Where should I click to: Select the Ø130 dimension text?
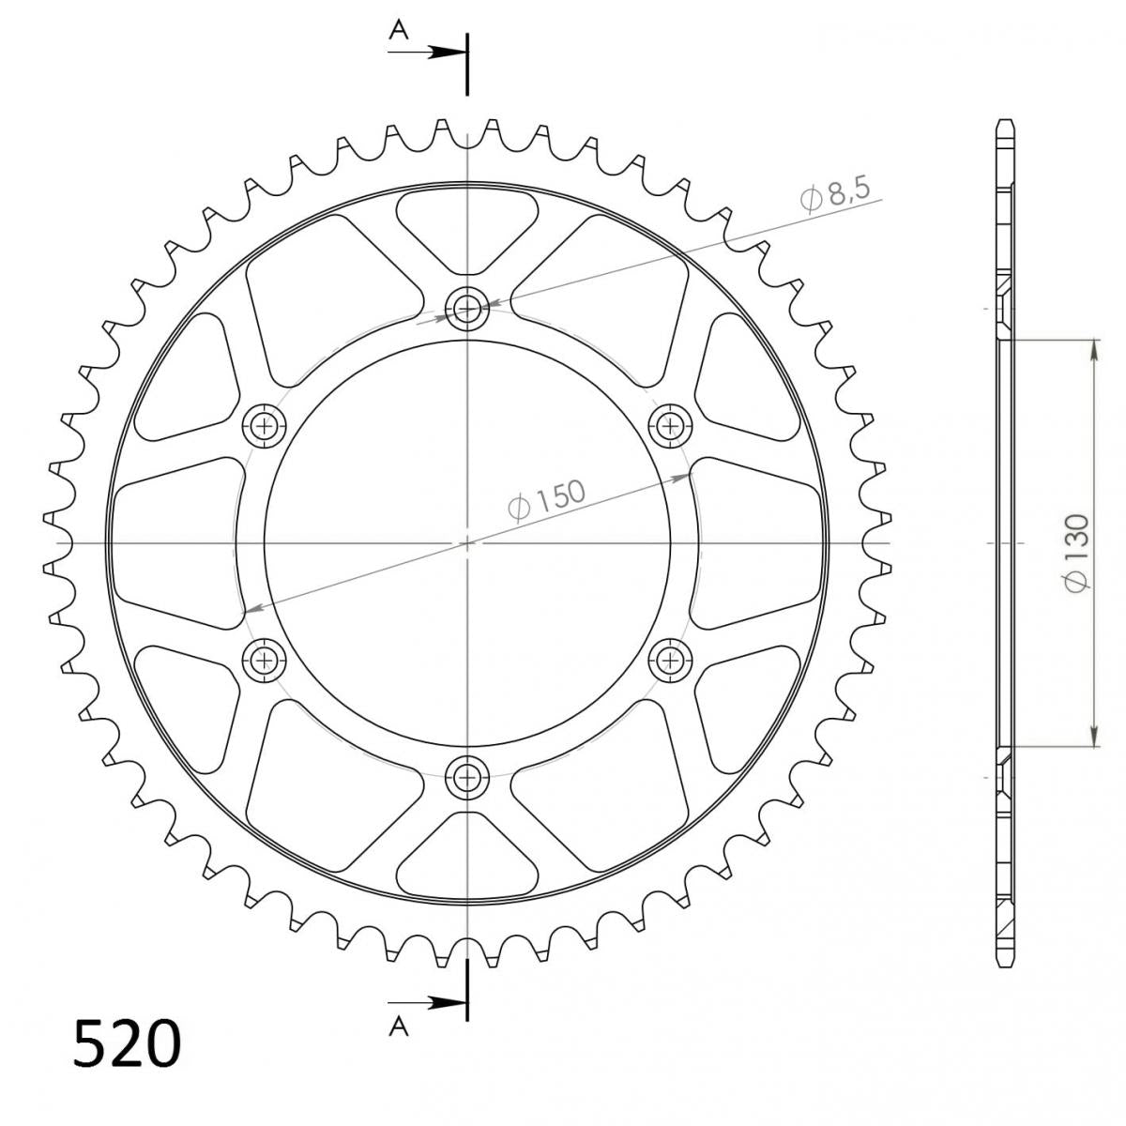coord(1075,553)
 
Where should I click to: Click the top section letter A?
coord(400,31)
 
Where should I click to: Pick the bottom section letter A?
coord(400,1027)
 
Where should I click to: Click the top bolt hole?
coord(466,307)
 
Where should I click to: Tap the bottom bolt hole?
coord(466,776)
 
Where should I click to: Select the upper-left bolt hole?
coord(264,426)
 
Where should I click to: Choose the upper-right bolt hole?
coord(669,426)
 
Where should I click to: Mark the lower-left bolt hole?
coord(264,660)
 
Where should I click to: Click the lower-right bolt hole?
coord(669,660)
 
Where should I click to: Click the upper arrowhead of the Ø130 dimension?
coord(1094,348)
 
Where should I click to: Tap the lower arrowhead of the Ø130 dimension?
coord(1094,737)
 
